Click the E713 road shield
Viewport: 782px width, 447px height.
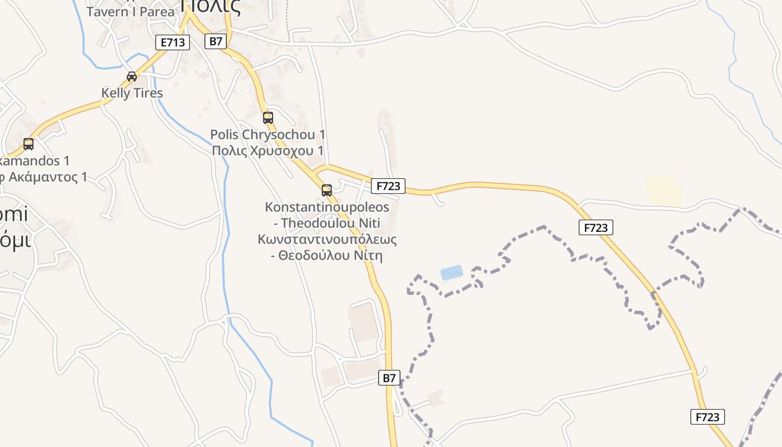click(x=172, y=42)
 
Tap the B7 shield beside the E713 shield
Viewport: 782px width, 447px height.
click(x=215, y=41)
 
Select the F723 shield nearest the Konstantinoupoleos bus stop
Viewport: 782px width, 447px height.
click(x=388, y=186)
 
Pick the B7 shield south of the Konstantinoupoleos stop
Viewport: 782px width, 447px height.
click(x=389, y=378)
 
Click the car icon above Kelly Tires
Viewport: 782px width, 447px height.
click(x=132, y=77)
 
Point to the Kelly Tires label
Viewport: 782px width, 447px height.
click(x=132, y=93)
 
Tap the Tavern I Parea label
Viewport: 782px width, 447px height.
click(x=130, y=11)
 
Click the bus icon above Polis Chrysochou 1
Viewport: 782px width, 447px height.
click(x=268, y=117)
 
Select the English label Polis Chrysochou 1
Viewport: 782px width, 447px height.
click(x=268, y=135)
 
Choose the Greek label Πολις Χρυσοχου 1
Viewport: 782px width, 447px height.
click(x=268, y=151)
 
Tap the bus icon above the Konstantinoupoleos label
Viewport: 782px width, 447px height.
click(x=327, y=191)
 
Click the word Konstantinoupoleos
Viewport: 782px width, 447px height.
click(x=327, y=207)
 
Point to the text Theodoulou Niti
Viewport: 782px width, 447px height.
click(x=331, y=223)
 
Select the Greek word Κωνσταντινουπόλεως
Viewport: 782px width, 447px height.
click(x=327, y=240)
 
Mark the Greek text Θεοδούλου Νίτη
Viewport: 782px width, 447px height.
click(x=331, y=256)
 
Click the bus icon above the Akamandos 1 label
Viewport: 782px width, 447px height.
click(x=28, y=144)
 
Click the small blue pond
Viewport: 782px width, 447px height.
click(x=451, y=273)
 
